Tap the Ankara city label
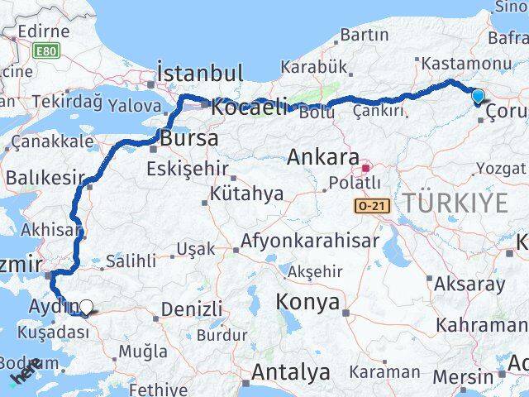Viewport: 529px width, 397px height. click(x=323, y=157)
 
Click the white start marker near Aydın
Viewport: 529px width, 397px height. click(x=86, y=307)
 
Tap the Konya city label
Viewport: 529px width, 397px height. click(x=308, y=302)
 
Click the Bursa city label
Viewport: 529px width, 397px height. click(x=190, y=138)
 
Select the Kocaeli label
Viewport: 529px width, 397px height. click(x=249, y=106)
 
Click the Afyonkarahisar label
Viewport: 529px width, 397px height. click(x=310, y=241)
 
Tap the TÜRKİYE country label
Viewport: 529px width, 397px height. click(x=455, y=200)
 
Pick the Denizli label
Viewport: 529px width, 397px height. click(x=191, y=309)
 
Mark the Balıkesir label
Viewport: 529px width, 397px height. click(x=45, y=177)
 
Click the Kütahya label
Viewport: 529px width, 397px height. click(x=246, y=194)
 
